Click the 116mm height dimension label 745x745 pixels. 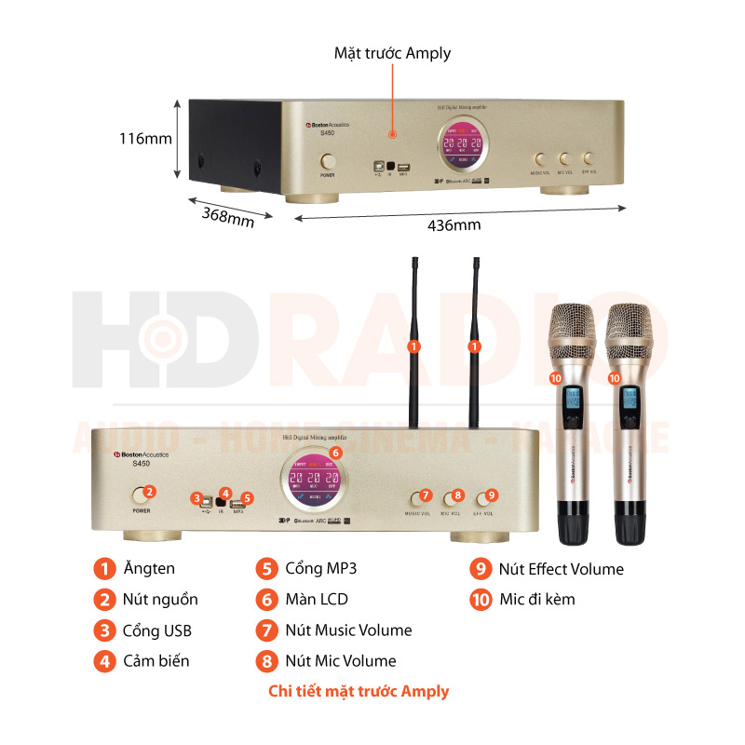(145, 139)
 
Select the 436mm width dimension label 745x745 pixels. (454, 225)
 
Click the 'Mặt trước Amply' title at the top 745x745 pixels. (392, 53)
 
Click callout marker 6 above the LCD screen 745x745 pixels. (336, 452)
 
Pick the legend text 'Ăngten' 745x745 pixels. (148, 568)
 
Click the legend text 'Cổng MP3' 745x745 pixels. (320, 568)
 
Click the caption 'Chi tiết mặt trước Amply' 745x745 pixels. (358, 691)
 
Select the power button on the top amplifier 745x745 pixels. (328, 161)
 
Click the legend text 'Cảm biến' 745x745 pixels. (156, 660)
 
